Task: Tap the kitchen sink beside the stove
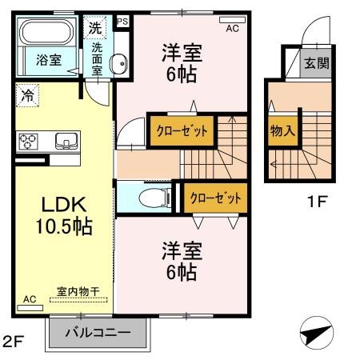(65, 142)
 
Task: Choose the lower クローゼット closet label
(214, 198)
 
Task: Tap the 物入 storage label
(280, 130)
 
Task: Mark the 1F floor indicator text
(318, 202)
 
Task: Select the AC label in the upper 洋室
(232, 28)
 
